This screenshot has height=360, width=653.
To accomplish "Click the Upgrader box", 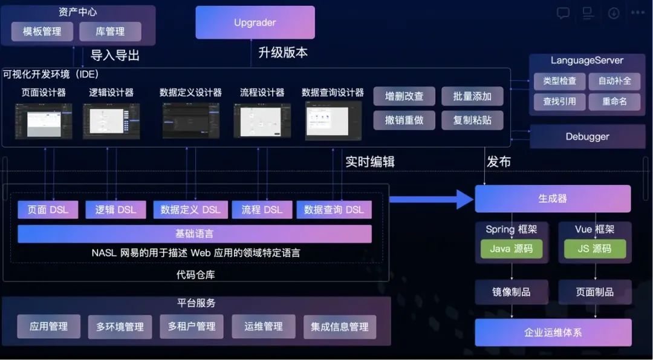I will click(x=255, y=22).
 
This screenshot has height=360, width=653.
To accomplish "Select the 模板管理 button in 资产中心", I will click(x=42, y=31).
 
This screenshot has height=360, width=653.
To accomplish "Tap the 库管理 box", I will click(x=110, y=31).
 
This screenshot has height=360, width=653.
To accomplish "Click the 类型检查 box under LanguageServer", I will click(x=559, y=80).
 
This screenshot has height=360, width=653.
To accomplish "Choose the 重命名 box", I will click(x=614, y=101).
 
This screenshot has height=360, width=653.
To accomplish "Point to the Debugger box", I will click(x=587, y=137).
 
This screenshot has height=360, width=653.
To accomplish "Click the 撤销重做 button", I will click(x=404, y=120).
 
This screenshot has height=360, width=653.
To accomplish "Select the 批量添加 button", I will click(x=472, y=96).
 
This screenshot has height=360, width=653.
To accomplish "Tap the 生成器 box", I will click(x=553, y=198).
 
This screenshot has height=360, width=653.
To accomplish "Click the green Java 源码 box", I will click(x=512, y=248).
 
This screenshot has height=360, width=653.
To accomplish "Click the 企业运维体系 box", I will click(x=553, y=332).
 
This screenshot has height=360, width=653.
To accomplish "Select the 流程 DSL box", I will click(x=262, y=209).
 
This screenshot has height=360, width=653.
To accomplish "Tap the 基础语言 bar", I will click(x=194, y=234).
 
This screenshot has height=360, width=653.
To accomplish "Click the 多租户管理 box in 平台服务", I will click(x=192, y=326).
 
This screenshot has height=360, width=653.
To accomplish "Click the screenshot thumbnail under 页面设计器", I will click(x=44, y=121).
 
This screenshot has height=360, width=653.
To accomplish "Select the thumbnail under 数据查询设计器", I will click(x=333, y=121).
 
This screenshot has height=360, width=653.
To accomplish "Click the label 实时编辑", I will click(x=370, y=162).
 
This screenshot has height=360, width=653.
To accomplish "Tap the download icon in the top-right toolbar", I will click(x=614, y=13).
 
